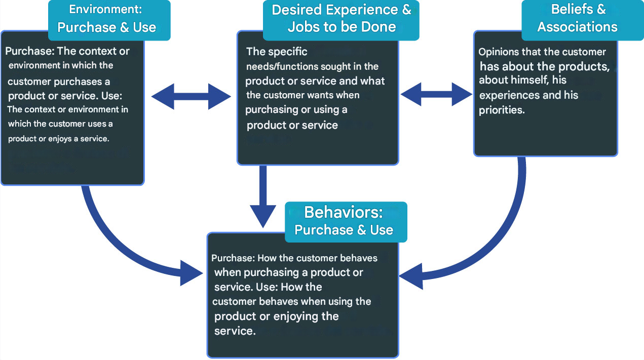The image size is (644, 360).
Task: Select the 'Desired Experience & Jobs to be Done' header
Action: coord(341,19)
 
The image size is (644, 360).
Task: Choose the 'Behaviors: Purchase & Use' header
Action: coord(344,221)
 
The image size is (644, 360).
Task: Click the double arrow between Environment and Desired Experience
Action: coord(191,96)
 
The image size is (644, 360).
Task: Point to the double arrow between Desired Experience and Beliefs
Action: coord(437,94)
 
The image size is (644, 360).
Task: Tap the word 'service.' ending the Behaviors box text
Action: coord(235,331)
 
